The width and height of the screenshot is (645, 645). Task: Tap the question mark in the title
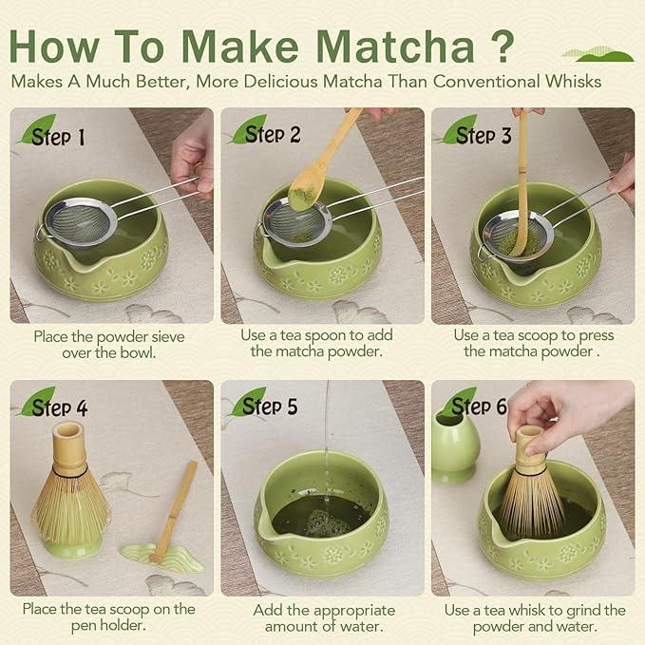[501, 44]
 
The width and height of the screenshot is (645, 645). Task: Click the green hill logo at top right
[598, 53]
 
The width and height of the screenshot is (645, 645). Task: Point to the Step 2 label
[271, 134]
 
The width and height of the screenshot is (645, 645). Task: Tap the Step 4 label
[59, 408]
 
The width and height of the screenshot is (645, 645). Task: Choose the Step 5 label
[270, 407]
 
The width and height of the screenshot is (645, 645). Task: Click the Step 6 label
[480, 407]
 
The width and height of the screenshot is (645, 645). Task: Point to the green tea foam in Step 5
[319, 521]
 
